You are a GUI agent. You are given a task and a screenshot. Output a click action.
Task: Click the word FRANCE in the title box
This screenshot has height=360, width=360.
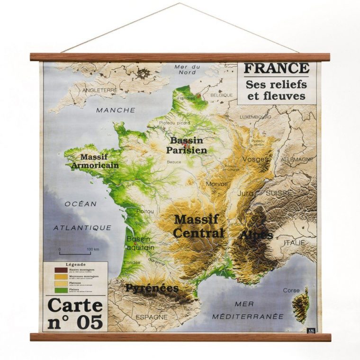[276, 68]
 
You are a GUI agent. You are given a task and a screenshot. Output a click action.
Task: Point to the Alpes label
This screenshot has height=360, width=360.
[256, 235]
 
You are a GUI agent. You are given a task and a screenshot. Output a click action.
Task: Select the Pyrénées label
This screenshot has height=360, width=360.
[152, 288]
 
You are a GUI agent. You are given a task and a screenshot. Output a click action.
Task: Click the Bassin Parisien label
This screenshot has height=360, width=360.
[186, 145]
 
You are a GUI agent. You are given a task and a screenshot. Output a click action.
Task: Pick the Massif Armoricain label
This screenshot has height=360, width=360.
[95, 161]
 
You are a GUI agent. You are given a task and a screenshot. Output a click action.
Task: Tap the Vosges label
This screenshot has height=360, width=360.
[255, 159]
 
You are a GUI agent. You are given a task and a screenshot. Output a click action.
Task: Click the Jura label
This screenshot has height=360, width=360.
[245, 193]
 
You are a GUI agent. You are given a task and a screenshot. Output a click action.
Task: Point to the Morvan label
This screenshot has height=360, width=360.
[216, 184]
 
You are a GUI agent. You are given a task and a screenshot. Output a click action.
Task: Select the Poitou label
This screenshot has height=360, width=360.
[144, 211]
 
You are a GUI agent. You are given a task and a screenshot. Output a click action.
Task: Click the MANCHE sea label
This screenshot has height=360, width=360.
[116, 110]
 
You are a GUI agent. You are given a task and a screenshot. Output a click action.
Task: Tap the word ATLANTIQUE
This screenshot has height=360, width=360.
[82, 228]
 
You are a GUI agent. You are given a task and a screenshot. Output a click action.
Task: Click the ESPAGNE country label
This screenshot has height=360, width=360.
[152, 316]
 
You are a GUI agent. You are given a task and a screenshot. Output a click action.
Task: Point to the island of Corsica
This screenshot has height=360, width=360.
[302, 306]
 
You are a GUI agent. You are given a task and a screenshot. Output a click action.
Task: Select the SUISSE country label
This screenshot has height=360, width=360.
[279, 193]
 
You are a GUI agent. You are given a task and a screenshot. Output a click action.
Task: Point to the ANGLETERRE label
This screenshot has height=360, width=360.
[99, 90]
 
